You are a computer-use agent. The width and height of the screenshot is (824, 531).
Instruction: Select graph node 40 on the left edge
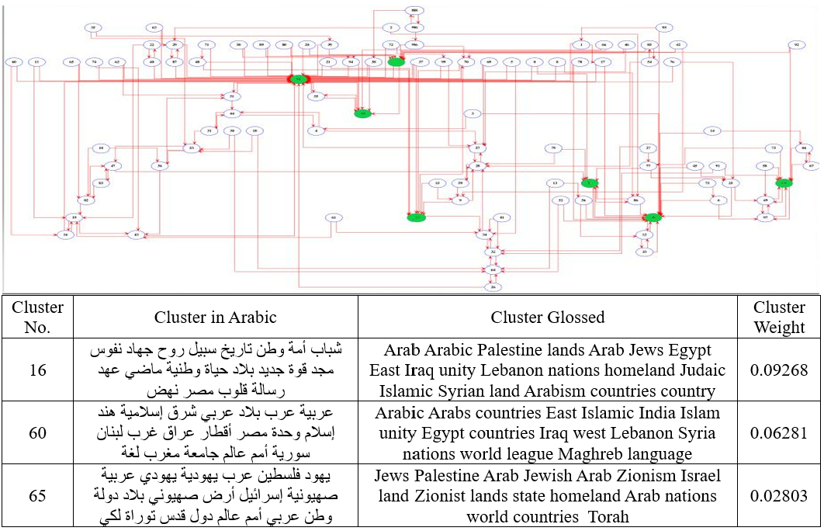coord(13,61)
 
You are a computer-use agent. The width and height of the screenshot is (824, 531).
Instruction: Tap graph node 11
coord(37,61)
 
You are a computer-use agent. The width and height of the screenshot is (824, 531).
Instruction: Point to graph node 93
coord(664,27)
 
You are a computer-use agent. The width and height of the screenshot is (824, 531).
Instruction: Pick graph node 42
coord(678,45)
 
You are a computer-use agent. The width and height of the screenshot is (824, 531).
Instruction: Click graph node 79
coord(553,147)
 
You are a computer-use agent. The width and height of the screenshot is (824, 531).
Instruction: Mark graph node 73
coord(773,147)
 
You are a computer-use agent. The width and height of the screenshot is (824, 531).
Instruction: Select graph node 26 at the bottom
coord(490,286)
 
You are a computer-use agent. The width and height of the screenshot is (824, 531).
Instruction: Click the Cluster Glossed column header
coord(548,317)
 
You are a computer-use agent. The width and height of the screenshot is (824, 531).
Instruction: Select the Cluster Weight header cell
coord(779,317)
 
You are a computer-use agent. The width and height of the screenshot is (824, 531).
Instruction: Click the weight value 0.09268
coord(779,370)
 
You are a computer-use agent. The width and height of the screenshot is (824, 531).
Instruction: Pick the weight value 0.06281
coord(779,432)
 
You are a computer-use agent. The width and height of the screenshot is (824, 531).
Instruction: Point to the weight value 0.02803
coord(779,495)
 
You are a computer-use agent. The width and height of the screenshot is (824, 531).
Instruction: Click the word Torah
coord(609,515)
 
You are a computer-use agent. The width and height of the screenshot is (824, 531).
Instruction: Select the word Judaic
coord(699,370)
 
